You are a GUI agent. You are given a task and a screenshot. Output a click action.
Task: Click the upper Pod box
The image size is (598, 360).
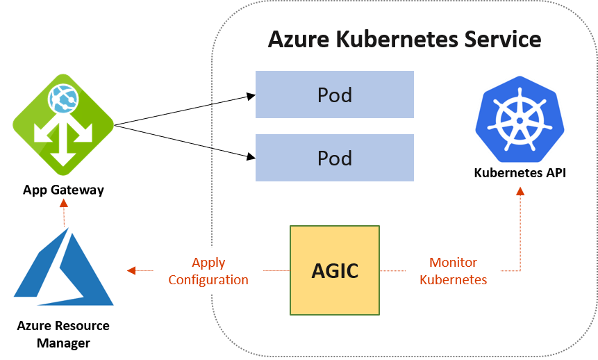[335, 95]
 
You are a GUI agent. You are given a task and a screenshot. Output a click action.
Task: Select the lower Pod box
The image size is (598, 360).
[335, 158]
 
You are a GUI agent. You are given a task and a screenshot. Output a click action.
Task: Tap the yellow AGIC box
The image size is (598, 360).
[335, 270]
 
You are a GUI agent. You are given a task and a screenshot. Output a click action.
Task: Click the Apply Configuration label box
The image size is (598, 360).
[208, 271]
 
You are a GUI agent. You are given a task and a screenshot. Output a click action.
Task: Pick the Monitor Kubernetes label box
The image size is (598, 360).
[453, 271]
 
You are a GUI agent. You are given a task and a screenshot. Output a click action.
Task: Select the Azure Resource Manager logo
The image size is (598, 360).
[64, 268]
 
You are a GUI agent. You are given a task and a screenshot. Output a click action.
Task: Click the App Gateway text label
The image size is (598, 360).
[63, 190]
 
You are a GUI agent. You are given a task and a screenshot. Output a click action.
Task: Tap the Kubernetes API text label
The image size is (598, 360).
[520, 173]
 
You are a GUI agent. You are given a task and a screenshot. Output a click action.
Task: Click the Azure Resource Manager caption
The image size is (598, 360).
[63, 334]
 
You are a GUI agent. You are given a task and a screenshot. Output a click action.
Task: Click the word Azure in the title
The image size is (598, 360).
[299, 39]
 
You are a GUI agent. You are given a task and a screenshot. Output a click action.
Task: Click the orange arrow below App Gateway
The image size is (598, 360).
[64, 211]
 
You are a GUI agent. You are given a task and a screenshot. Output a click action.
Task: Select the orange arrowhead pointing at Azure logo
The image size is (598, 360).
[131, 271]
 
